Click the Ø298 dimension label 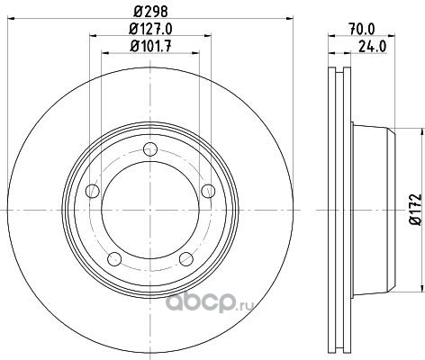pyautogui.click(x=150, y=12)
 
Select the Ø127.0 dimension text pyautogui.click(x=150, y=29)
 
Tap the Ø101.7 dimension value pyautogui.click(x=150, y=47)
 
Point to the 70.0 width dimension pyautogui.click(x=362, y=30)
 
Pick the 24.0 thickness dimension pyautogui.click(x=372, y=47)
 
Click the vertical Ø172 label pyautogui.click(x=416, y=210)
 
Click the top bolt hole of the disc pyautogui.click(x=150, y=148)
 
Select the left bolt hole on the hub pyautogui.click(x=93, y=191)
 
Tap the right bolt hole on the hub pyautogui.click(x=208, y=191)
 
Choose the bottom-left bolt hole pyautogui.click(x=114, y=259)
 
